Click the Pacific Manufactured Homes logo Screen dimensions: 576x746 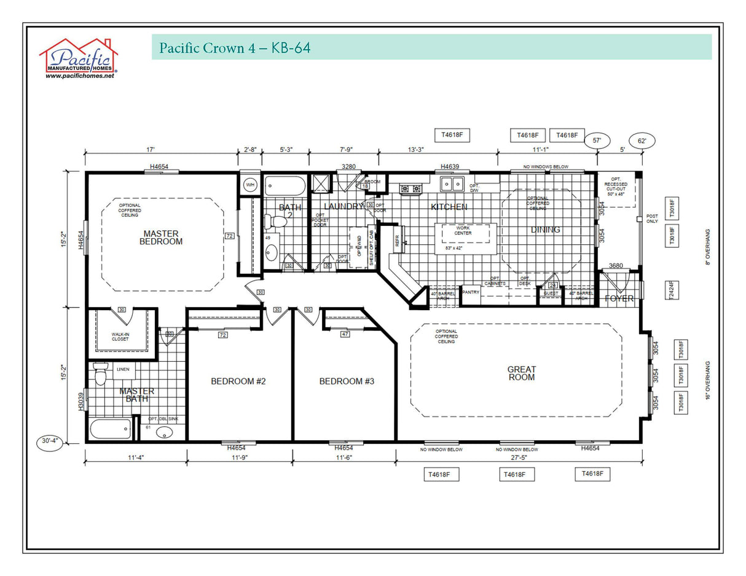tap(79, 59)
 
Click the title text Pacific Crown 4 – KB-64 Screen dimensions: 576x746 tap(235, 48)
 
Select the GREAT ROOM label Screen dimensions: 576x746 tap(521, 373)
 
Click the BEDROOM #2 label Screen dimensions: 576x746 tap(238, 381)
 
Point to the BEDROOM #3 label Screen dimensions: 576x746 tap(347, 381)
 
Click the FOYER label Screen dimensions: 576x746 tap(619, 298)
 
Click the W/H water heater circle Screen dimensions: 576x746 tap(250, 185)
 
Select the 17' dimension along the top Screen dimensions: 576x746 tap(151, 149)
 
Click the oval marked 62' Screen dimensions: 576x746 tap(642, 141)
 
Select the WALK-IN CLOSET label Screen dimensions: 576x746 tap(120, 337)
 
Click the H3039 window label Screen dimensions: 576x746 tap(80, 401)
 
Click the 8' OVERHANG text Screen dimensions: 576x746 tap(709, 247)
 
